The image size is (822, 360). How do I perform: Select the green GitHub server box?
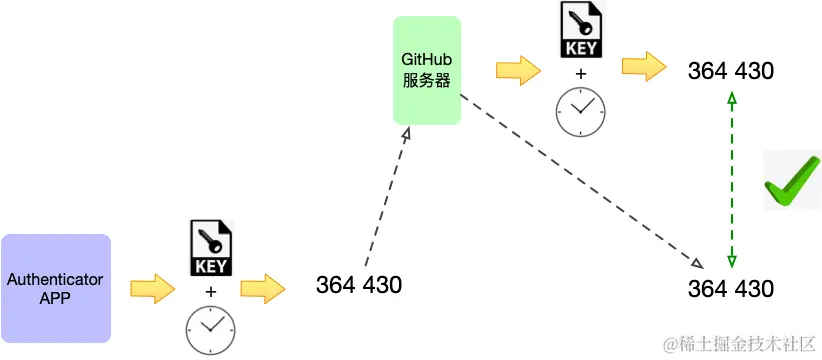pos(427,70)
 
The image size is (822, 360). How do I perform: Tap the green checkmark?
pos(791,182)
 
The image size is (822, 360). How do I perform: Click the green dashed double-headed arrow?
pos(732,180)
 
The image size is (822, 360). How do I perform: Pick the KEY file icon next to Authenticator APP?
pos(210,249)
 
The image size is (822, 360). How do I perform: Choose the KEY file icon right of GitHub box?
pos(580,31)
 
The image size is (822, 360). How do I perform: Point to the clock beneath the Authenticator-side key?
pos(210,329)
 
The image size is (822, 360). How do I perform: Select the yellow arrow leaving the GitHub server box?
pos(518,69)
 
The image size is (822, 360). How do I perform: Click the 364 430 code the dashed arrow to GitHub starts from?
pos(359,285)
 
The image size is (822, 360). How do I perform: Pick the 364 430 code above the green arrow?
pos(731,71)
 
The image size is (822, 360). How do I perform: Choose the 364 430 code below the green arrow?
pos(731,289)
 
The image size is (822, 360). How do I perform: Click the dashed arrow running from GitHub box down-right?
pos(580,180)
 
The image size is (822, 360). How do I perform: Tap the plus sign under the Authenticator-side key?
pos(210,291)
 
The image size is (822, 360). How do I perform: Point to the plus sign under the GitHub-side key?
pos(580,73)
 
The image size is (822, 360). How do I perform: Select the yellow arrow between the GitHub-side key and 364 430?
pos(644,68)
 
